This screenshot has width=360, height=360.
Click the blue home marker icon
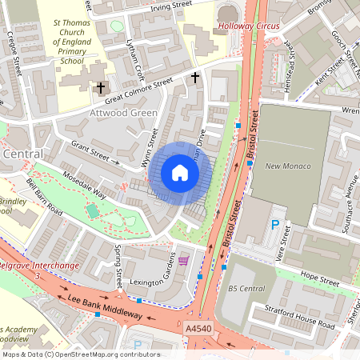coord(180,173)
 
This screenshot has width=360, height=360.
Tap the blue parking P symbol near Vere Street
coord(276,226)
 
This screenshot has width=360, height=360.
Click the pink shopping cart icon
coord(184,261)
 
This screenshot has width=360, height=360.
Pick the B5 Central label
coord(246,288)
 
